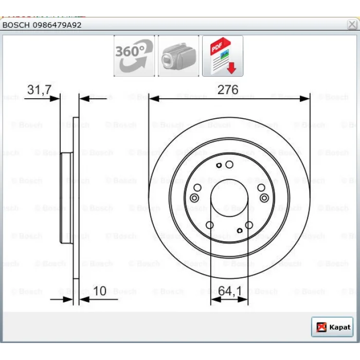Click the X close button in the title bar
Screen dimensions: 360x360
click(352, 24)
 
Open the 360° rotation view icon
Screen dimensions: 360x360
click(134, 56)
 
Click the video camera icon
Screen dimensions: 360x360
click(178, 56)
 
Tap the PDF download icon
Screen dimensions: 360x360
click(223, 56)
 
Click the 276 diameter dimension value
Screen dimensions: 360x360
click(228, 89)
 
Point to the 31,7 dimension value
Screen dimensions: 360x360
click(39, 89)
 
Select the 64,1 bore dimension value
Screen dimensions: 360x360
click(230, 291)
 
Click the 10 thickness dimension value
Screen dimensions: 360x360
click(100, 291)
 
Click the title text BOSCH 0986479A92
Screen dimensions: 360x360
click(42, 25)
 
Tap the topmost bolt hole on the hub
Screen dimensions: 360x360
click(229, 165)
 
